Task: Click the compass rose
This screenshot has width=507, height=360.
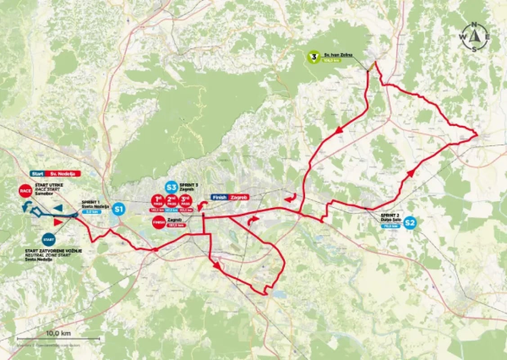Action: (x=474, y=37)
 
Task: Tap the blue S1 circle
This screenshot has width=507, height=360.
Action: (x=119, y=209)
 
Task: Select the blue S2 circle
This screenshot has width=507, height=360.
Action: (x=409, y=222)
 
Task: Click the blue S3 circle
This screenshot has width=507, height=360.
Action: (x=170, y=187)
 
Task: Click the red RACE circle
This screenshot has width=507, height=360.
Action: (x=25, y=191)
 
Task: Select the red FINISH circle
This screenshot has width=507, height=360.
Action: (x=158, y=222)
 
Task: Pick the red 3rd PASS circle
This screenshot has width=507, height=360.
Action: (x=185, y=200)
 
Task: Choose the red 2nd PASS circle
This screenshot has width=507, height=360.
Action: (x=171, y=200)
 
